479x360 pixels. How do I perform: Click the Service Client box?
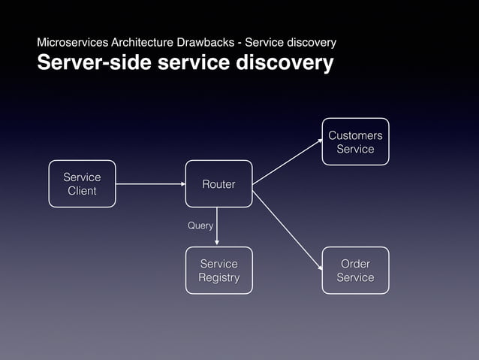(82, 183)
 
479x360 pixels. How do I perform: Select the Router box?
(218, 183)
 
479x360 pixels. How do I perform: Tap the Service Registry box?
(218, 271)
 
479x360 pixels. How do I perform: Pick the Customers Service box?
(355, 142)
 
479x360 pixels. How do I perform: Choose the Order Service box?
(355, 271)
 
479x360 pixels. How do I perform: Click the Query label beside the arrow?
(200, 225)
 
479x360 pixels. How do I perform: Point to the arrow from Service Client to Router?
(150, 184)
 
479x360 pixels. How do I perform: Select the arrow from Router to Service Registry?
(218, 225)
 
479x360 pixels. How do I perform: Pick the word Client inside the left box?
(82, 191)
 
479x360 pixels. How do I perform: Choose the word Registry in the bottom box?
(218, 278)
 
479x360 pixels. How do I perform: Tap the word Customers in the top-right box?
(355, 135)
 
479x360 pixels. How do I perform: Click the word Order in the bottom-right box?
(355, 264)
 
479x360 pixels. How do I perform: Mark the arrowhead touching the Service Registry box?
(218, 242)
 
